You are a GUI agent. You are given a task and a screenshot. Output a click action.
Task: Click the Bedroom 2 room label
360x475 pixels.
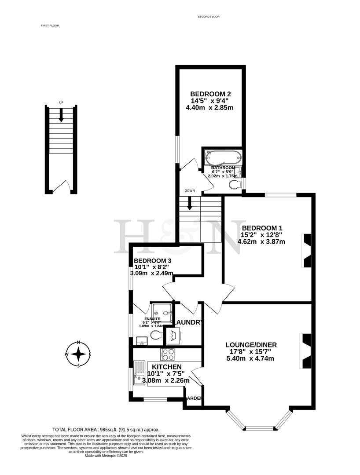210,94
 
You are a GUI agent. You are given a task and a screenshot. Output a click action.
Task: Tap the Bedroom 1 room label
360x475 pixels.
262,228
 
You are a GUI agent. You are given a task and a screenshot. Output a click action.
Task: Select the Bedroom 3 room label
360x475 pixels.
152,261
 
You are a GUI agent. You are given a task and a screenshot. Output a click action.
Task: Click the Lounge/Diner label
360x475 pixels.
251,344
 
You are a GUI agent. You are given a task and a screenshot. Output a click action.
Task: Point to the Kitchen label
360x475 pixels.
167,367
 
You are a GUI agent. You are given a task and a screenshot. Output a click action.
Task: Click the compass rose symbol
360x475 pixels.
78,354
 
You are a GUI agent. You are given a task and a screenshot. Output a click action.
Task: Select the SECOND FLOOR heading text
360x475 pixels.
209,17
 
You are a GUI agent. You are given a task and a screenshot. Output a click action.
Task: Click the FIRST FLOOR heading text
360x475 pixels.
50,26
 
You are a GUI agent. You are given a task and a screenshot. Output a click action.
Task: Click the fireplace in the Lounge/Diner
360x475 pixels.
306,351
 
